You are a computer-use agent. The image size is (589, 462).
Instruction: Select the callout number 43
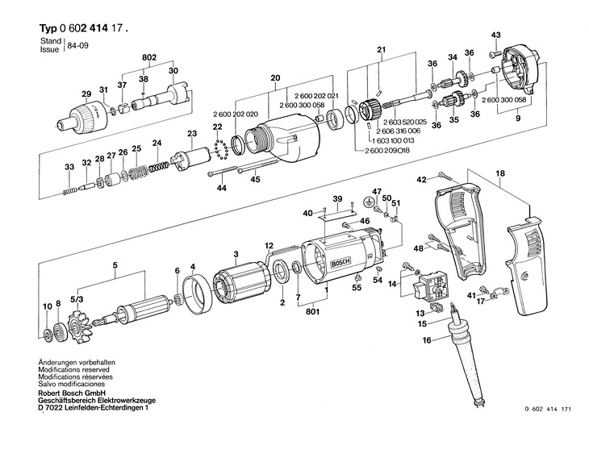click(x=496, y=34)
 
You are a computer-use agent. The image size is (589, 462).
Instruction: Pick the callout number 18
click(x=499, y=173)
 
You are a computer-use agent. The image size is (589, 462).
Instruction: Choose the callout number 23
click(x=191, y=133)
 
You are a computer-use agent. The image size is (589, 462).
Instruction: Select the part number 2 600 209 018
click(x=382, y=150)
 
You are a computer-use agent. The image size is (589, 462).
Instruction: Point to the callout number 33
click(x=69, y=167)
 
